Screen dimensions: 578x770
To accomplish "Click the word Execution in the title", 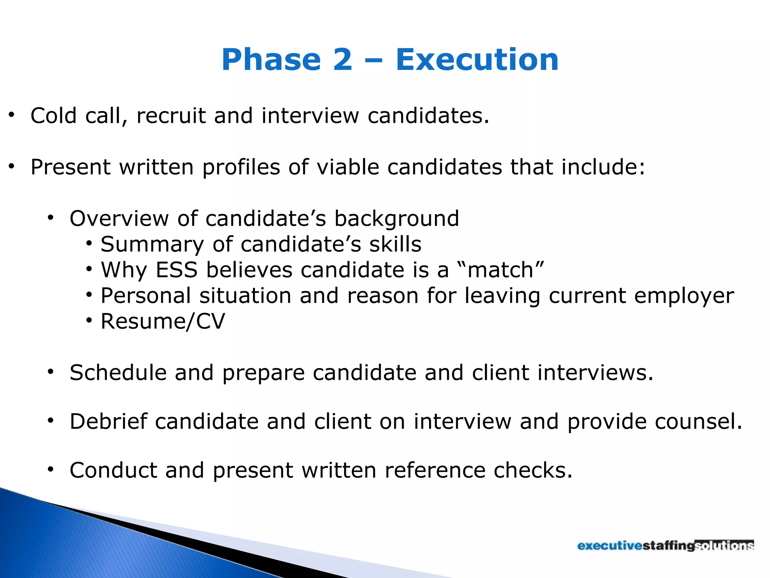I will tap(477, 60).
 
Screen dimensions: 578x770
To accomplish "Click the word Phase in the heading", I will tap(271, 60).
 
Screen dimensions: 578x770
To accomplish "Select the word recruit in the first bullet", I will tap(171, 116).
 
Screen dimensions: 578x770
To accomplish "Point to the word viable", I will tap(347, 167).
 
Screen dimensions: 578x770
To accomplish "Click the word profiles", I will tap(241, 168).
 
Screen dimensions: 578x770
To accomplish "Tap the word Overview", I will tap(119, 218).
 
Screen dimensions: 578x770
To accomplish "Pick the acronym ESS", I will tap(177, 270).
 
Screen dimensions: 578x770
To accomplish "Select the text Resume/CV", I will tap(162, 322).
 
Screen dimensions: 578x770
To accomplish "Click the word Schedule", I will tap(118, 373).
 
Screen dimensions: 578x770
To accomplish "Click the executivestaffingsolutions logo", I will tap(665, 545).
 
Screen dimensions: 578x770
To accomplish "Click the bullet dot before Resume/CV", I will tap(89, 321).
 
